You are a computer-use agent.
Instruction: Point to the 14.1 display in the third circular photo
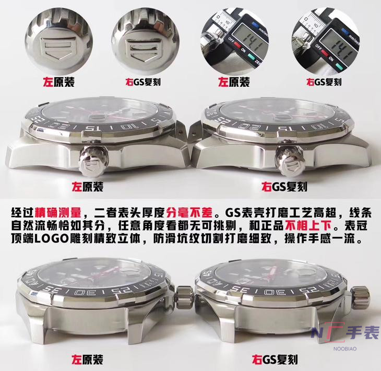(242, 40)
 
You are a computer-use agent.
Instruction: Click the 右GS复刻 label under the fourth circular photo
(324, 82)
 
